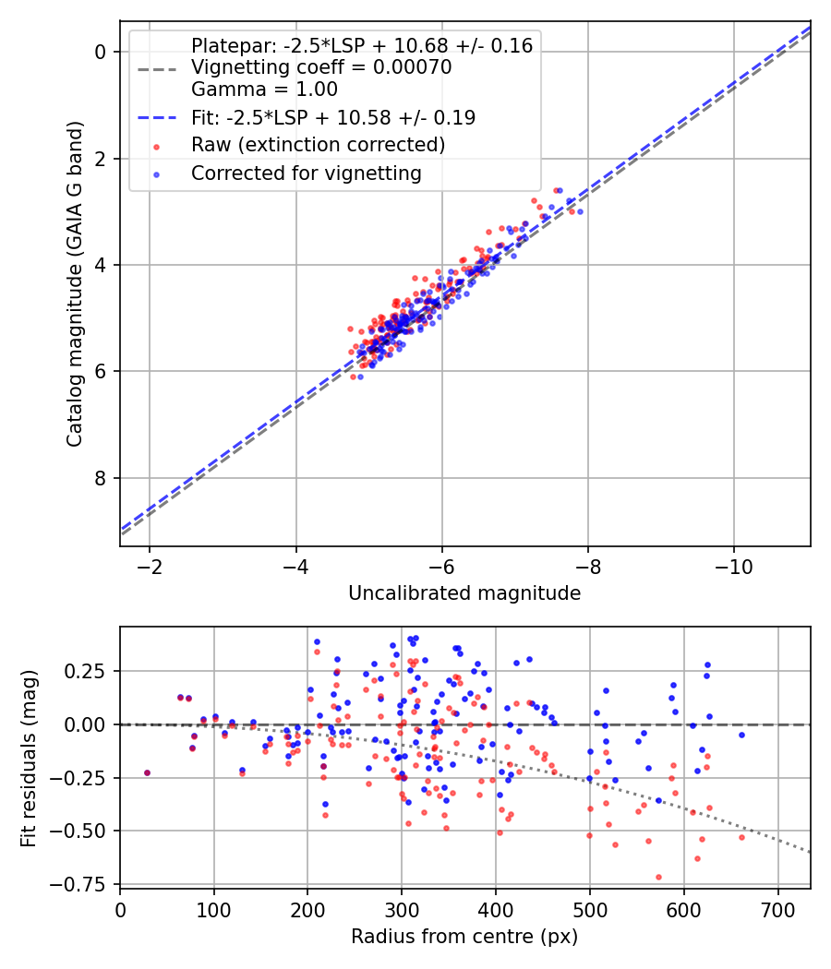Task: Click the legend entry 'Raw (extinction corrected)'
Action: pyautogui.click(x=319, y=145)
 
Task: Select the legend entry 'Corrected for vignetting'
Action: pyautogui.click(x=307, y=173)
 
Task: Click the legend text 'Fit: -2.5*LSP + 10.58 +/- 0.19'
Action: pyautogui.click(x=333, y=117)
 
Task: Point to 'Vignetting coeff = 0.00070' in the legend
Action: pyautogui.click(x=321, y=67)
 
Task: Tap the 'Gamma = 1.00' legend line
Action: pyautogui.click(x=264, y=90)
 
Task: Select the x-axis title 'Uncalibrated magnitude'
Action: pyautogui.click(x=464, y=593)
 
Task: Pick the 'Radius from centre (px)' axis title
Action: pyautogui.click(x=464, y=937)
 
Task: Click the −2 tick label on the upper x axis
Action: pyautogui.click(x=149, y=563)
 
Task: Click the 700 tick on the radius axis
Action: pyautogui.click(x=777, y=909)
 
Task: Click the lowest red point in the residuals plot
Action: pyautogui.click(x=658, y=877)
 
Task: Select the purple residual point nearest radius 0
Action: pyautogui.click(x=147, y=772)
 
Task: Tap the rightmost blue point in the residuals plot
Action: pyautogui.click(x=741, y=735)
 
